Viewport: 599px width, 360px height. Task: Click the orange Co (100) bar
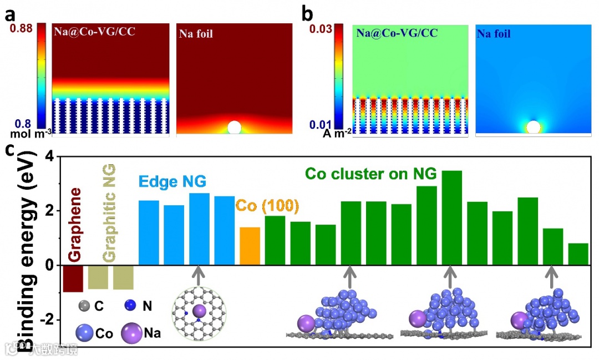tap(250, 246)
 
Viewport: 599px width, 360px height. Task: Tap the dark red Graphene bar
tap(73, 278)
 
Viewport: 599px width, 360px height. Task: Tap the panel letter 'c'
tap(9, 150)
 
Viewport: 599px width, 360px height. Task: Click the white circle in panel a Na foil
tap(235, 127)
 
